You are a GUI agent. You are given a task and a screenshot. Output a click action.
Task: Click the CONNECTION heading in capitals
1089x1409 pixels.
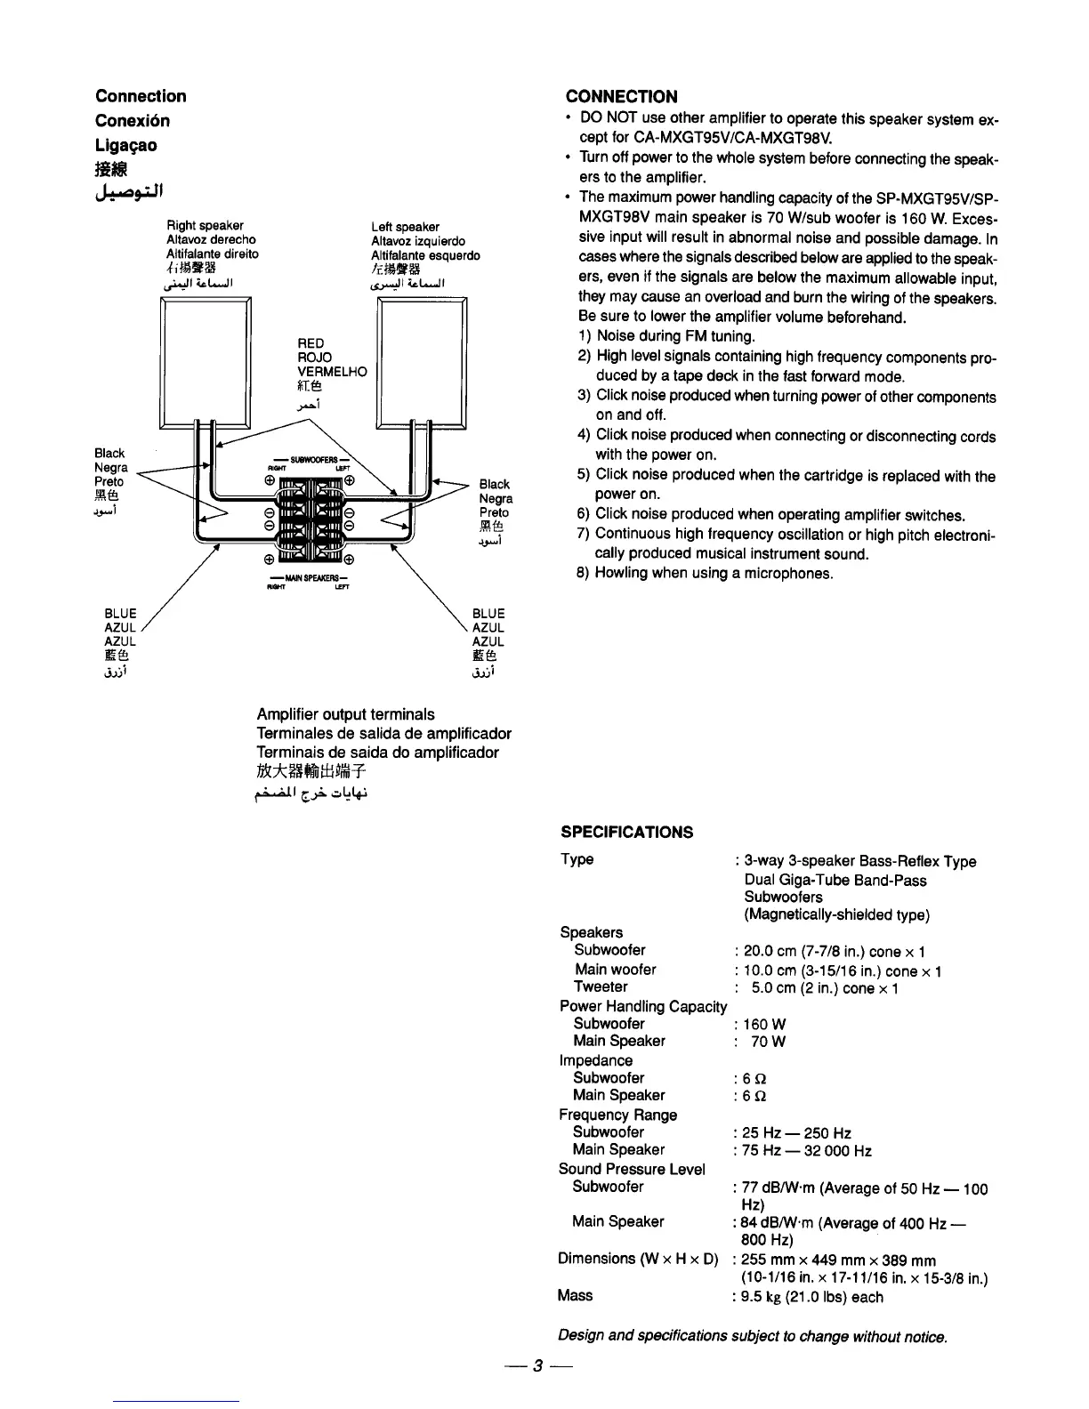(x=621, y=97)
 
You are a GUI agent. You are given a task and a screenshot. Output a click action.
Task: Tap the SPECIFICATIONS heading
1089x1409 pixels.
(x=626, y=833)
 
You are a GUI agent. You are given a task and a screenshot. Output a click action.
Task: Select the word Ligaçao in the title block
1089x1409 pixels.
(x=125, y=145)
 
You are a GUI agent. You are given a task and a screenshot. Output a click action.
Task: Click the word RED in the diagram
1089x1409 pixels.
(x=311, y=343)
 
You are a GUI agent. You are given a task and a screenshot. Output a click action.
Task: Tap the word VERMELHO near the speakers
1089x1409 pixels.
(x=331, y=372)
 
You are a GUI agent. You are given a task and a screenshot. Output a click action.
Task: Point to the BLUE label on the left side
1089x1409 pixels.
(x=120, y=614)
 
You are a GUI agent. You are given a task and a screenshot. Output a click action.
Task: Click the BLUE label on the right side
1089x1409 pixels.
(x=488, y=614)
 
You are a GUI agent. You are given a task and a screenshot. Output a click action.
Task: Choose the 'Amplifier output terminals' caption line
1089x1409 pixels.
(x=345, y=714)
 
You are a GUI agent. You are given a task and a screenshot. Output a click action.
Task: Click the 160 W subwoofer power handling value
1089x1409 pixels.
(x=764, y=1025)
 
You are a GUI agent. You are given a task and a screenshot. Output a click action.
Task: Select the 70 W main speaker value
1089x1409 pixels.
(x=768, y=1043)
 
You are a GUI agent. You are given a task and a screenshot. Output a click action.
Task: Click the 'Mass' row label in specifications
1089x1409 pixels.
(x=575, y=1295)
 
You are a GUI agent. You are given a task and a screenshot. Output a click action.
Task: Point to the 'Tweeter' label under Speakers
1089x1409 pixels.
(x=601, y=986)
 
